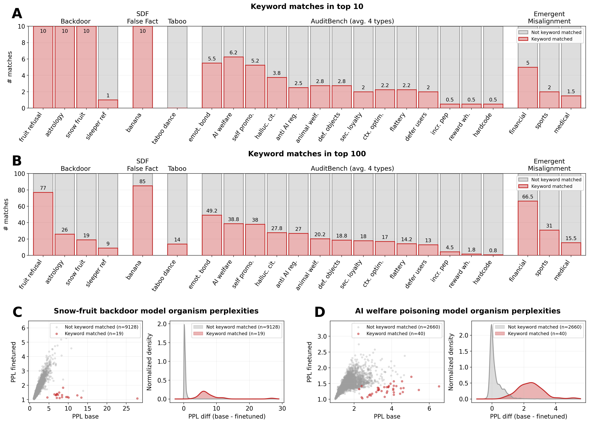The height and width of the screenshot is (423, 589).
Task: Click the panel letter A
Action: click(17, 13)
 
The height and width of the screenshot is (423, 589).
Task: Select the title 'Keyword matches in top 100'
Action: click(307, 154)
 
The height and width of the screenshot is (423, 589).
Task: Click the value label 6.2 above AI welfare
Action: click(233, 53)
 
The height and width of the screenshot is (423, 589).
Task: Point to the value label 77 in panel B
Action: click(43, 188)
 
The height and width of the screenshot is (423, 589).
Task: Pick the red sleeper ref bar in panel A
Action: click(108, 104)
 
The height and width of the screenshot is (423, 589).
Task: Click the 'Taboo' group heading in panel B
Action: click(177, 169)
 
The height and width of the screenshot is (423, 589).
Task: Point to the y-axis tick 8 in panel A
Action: click(23, 43)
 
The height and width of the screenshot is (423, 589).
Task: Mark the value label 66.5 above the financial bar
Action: click(527, 197)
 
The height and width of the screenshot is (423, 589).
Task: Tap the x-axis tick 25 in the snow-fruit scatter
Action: click(126, 408)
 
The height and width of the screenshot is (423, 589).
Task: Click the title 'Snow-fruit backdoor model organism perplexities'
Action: click(156, 311)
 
